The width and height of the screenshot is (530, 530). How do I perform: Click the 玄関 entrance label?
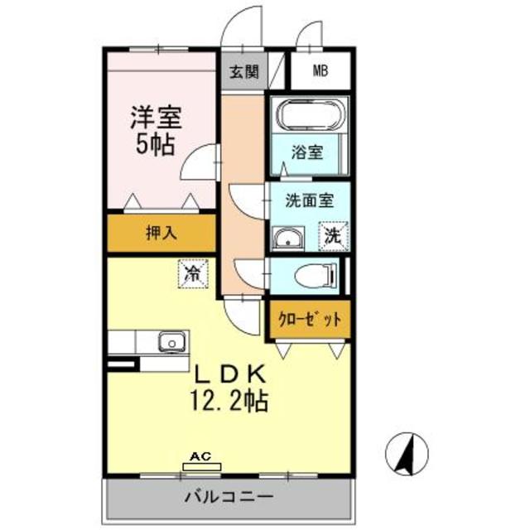point(243,71)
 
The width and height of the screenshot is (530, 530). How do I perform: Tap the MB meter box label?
point(320,70)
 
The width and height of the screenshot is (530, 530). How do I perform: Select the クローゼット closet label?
point(309,318)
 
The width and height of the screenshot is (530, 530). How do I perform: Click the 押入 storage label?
point(161,234)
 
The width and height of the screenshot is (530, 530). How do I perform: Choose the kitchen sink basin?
point(171,341)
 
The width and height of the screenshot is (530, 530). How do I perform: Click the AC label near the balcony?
point(200,456)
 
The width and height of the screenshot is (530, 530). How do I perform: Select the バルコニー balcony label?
point(229,499)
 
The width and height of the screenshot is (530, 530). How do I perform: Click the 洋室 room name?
point(156,116)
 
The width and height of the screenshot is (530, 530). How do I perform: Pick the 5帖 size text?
point(155,144)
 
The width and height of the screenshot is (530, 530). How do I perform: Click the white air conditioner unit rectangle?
point(201,467)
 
